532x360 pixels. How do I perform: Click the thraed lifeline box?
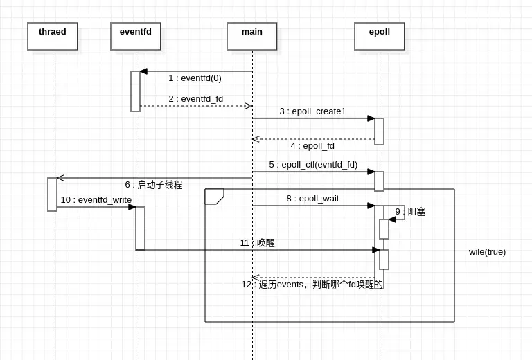[x=53, y=36]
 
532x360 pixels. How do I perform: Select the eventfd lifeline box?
[x=136, y=36]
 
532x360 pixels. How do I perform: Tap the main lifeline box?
[x=252, y=36]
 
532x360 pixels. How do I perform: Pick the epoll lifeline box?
[x=380, y=36]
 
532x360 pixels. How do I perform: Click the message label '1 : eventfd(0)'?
[x=195, y=78]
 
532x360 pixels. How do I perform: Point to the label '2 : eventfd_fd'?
[x=195, y=99]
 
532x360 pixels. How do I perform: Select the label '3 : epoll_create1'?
[x=312, y=111]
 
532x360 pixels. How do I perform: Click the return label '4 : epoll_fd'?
[x=312, y=146]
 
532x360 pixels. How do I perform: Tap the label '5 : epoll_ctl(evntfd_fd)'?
[x=313, y=165]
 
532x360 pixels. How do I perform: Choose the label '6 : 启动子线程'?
[x=154, y=185]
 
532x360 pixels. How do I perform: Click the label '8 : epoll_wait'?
[x=312, y=199]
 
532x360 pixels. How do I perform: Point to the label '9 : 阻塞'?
[x=410, y=212]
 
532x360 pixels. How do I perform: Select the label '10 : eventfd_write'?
[x=96, y=200]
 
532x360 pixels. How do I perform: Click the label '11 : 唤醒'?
[x=258, y=243]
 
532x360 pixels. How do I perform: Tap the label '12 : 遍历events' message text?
[x=312, y=285]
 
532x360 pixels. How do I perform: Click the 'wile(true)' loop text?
[x=487, y=252]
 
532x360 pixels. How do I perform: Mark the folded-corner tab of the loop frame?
[x=214, y=197]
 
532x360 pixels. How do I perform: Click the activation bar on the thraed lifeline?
[x=52, y=195]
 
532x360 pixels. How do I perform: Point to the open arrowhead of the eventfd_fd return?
[x=248, y=106]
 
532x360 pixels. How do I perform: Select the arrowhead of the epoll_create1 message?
[x=371, y=118]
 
